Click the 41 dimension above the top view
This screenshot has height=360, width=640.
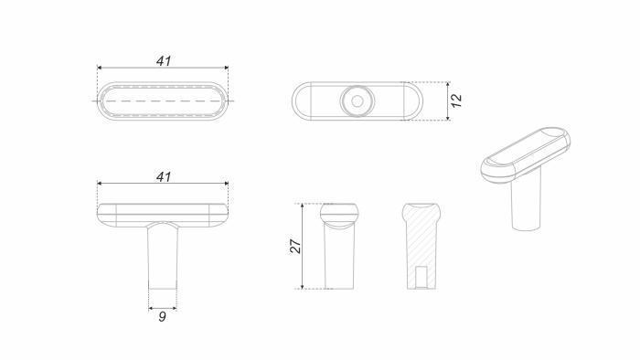point(164,61)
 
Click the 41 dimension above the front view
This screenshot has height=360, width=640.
point(164,177)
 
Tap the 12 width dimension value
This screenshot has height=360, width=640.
point(457,101)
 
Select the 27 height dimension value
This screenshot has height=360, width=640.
point(295,246)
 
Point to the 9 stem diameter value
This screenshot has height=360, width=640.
point(162,316)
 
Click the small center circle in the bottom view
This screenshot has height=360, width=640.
point(357,101)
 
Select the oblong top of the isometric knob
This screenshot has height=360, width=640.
point(526,154)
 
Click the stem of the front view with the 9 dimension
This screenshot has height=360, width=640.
point(163,257)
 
